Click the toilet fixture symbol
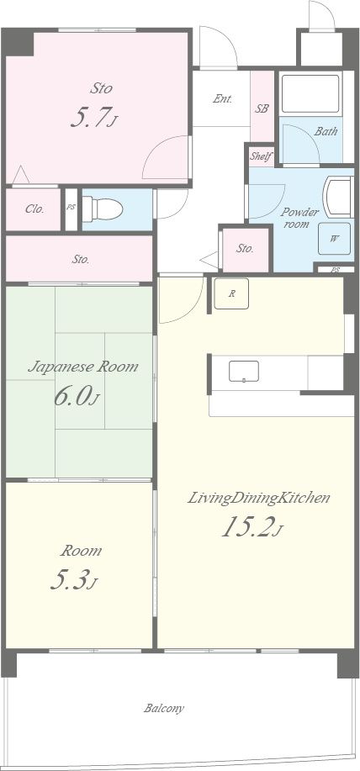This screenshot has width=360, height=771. pos(102,209)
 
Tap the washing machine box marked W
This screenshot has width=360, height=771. pos(334,239)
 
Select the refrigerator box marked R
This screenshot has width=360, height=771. pos(231,293)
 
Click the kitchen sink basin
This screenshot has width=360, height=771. pos(243,372)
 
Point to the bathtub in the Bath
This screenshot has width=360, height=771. pos(311,94)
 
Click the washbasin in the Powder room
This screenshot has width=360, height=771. pos(338,197)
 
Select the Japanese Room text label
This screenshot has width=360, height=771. pos(82,367)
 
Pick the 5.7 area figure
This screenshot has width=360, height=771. pos(94,117)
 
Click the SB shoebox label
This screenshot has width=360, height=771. pos(262,108)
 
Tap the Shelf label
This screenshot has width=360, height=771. pos(261,157)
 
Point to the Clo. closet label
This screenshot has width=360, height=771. pos(35,209)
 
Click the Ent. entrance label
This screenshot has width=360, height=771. pos(222,99)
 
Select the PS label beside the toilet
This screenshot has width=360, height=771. pos(71,207)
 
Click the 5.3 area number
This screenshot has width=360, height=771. pos(74,580)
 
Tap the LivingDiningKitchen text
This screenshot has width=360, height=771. pos(258,499)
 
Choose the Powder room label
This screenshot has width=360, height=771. pos(299,218)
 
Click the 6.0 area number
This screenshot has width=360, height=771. pos(77,396)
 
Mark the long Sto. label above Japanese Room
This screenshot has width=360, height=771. pos(81,260)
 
